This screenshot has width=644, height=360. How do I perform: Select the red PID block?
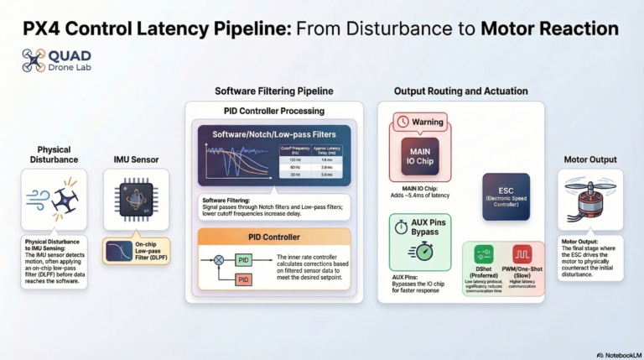[243, 279]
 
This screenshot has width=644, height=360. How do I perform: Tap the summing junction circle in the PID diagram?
[220, 260]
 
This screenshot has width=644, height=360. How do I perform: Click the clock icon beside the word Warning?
[402, 122]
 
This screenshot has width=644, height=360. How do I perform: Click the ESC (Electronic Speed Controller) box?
[505, 196]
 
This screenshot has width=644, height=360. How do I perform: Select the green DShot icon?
[483, 254]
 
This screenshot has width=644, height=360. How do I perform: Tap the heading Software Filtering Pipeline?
[273, 91]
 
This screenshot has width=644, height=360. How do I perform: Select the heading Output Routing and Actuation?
[460, 91]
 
